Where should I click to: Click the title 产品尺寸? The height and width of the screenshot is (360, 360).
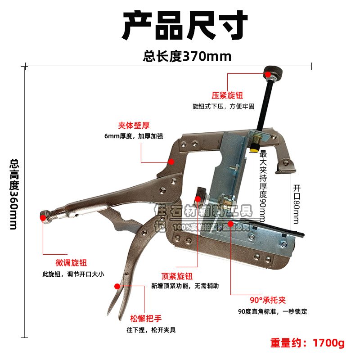(185, 26)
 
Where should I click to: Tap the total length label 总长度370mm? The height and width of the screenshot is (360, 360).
(187, 56)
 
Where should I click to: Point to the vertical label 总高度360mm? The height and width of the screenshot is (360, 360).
(14, 194)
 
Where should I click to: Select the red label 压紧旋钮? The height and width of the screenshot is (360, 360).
(228, 96)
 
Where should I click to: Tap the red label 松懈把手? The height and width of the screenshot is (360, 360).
(145, 318)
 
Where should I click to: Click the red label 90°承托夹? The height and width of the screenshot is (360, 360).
(268, 300)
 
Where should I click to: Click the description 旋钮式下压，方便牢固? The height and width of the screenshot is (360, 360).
(224, 107)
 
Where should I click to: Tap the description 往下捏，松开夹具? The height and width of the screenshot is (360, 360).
(151, 329)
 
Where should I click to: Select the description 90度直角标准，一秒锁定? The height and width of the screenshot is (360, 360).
(273, 311)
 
